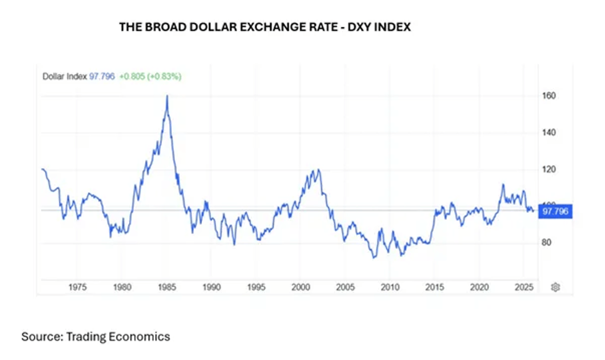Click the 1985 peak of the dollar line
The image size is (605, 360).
point(167,96)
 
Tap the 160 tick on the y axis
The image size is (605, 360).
point(549,96)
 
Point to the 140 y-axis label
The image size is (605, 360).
point(549,133)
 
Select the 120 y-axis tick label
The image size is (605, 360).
point(549,169)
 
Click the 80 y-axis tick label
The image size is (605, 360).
point(547,243)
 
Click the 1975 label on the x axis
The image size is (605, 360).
point(77,287)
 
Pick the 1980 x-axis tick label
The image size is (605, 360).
point(122,287)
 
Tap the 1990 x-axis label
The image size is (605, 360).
point(211,287)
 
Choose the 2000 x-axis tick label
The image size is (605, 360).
point(300,287)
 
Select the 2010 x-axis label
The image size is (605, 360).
point(390,287)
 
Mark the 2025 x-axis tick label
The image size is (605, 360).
point(524,287)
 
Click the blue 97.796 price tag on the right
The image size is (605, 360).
point(555,211)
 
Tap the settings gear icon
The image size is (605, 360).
point(556,287)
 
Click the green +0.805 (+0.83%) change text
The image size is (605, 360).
point(150,76)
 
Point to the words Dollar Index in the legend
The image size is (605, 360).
point(65,76)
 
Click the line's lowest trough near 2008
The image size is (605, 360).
point(374,258)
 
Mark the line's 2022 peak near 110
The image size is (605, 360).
point(503,184)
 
